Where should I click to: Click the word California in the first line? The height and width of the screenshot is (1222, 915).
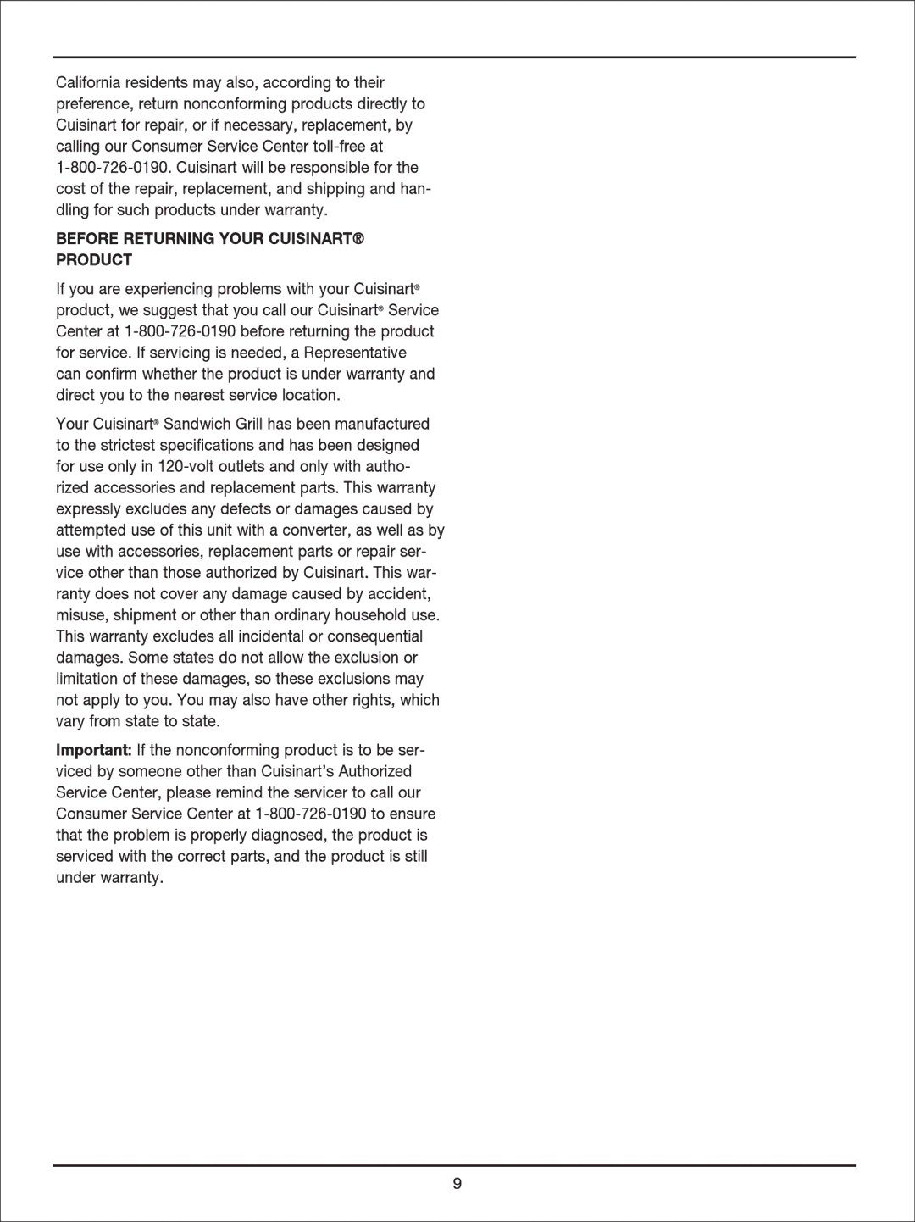[x=88, y=83]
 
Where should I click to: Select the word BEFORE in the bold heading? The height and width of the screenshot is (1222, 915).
[x=87, y=239]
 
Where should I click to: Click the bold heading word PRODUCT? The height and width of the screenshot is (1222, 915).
[x=94, y=260]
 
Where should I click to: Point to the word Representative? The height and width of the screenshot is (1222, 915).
[x=355, y=353]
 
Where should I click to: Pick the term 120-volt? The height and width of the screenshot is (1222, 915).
[x=186, y=466]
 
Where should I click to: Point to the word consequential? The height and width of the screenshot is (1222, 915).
[x=374, y=636]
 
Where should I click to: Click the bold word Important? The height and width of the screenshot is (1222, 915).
[x=93, y=750]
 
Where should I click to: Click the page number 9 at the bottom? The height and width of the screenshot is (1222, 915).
[x=457, y=1184]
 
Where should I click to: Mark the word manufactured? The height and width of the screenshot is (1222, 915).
[x=382, y=424]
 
